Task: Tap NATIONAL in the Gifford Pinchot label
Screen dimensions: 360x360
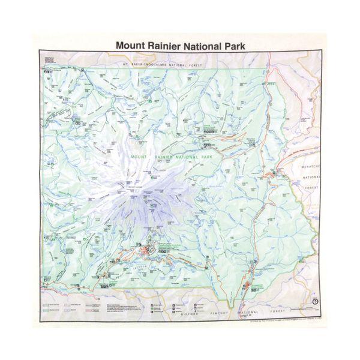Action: click(251, 313)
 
